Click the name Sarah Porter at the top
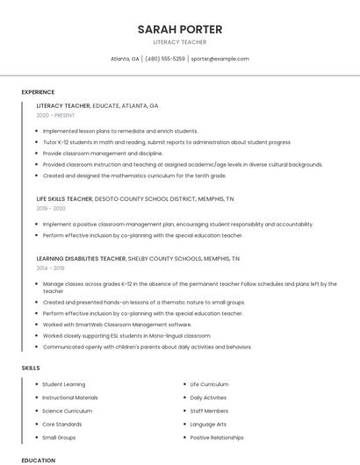tap(179, 29)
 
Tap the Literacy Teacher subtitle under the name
tap(179, 41)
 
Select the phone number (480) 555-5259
tap(165, 59)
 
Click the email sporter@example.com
tap(220, 59)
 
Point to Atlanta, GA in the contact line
tap(125, 59)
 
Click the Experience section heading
tap(38, 92)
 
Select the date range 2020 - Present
tap(55, 115)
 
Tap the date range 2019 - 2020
tap(51, 209)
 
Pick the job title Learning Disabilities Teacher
tap(81, 259)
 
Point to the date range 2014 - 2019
tap(50, 268)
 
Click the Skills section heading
tap(31, 368)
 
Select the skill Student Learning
tap(64, 384)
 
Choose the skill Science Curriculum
tap(67, 411)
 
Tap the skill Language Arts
tap(208, 424)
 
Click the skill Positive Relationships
tap(217, 437)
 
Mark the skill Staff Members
tap(209, 411)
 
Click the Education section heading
tap(38, 460)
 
